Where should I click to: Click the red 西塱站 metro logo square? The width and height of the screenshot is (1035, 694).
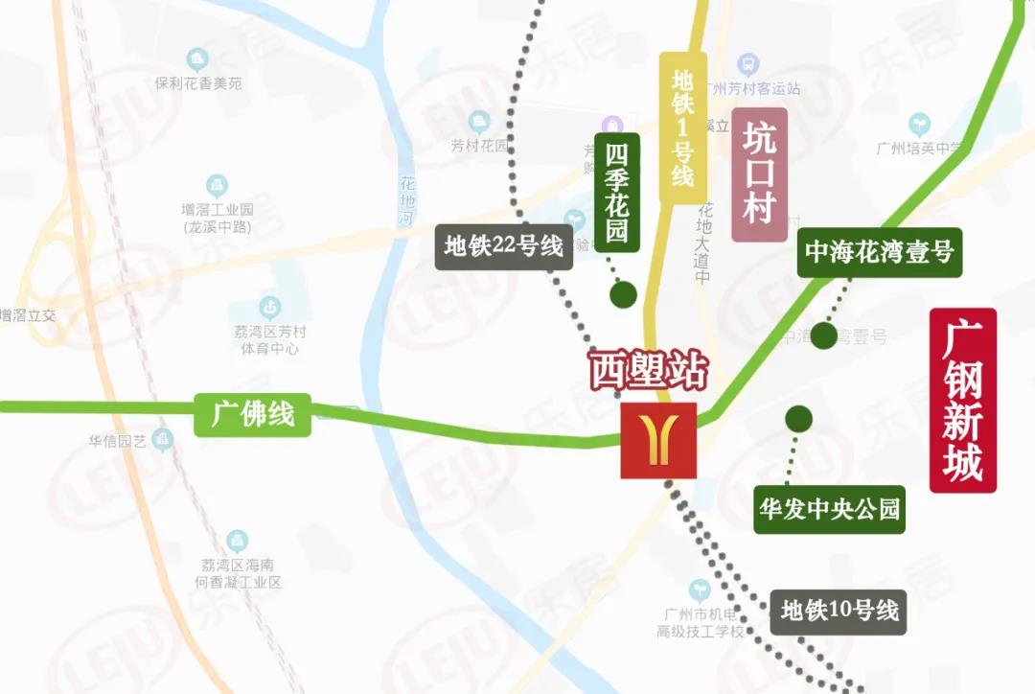(658, 440)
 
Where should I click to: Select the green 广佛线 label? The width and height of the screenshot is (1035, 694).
(253, 415)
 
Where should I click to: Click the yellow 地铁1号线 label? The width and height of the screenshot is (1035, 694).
(682, 127)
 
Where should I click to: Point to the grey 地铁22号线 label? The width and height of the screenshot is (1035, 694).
(503, 246)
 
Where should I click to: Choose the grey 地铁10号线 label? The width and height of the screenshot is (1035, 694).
(839, 611)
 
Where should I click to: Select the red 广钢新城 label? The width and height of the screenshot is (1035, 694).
(963, 401)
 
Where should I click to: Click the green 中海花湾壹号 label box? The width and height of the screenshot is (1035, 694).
(879, 252)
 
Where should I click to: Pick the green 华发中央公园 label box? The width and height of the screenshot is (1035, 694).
(829, 509)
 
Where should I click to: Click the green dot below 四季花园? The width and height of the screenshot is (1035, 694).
(624, 295)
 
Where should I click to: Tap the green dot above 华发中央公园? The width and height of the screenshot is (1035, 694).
(798, 419)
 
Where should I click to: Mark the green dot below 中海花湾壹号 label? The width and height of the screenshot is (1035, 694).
(823, 335)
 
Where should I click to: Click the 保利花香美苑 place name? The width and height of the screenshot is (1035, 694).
(198, 83)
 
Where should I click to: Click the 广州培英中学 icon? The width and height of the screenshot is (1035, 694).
(920, 124)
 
